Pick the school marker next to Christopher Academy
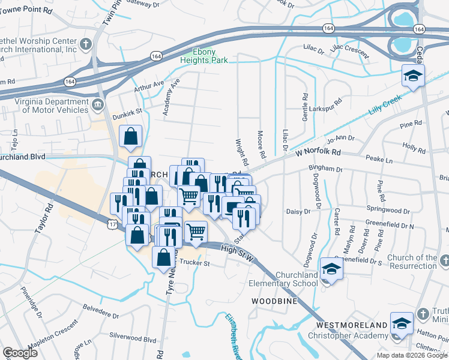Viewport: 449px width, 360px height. tap(401, 323)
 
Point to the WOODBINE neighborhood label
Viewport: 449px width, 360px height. tap(274, 301)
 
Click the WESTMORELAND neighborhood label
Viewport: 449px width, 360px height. tap(352, 325)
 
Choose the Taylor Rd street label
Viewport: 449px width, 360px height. tap(44, 217)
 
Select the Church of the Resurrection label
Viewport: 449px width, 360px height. tap(412, 262)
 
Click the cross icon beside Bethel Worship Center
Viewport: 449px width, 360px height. tap(86, 44)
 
